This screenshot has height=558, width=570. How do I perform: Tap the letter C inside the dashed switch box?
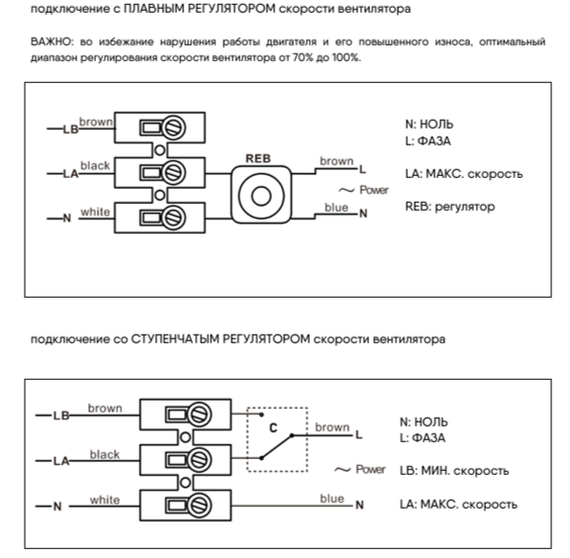pos(271,427)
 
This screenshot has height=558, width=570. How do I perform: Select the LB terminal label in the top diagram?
pos(70,128)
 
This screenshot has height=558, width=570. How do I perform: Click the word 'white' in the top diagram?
pos(94,212)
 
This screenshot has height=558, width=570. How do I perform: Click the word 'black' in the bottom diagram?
pos(104,454)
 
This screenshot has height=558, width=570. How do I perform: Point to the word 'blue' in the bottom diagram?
pos(332,498)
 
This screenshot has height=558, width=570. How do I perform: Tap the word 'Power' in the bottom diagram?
pos(371,469)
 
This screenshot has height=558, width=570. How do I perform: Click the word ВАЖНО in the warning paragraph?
pos(53,44)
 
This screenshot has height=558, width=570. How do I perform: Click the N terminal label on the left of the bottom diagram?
pos(56,506)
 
